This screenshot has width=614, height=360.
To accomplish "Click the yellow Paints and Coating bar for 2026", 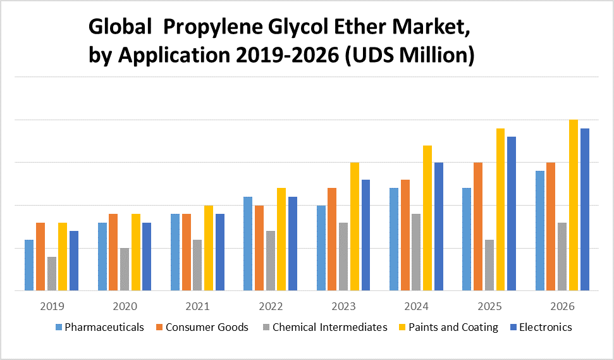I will [574, 205].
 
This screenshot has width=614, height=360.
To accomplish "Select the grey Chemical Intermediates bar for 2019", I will [52, 273].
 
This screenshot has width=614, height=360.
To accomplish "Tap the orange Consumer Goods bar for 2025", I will [478, 227].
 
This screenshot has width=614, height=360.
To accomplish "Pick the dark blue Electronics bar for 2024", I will [438, 227].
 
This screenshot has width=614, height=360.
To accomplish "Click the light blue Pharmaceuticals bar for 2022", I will [248, 244].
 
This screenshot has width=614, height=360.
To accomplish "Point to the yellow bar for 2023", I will [355, 227].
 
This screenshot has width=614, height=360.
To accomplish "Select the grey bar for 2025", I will [489, 265].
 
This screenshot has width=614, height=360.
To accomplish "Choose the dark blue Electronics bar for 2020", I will [147, 256].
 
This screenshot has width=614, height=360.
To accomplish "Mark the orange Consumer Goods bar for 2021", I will [187, 252].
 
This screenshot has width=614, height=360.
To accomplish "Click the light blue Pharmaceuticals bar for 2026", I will [540, 230].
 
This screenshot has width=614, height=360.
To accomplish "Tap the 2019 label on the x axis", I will [52, 307].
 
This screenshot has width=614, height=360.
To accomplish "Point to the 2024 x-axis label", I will [417, 307].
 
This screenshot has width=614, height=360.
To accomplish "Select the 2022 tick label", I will [271, 307].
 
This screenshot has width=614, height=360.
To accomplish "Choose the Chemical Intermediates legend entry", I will [329, 327].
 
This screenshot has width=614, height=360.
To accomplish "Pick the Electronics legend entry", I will [545, 327].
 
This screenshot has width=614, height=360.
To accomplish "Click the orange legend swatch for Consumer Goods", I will [160, 328].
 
